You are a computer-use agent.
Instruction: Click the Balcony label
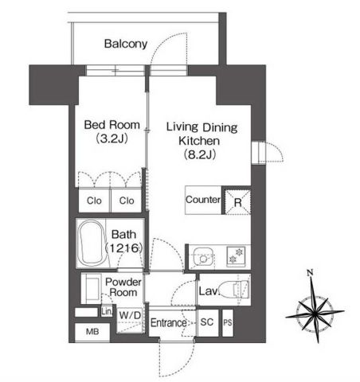(126, 44)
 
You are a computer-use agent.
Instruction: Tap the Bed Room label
(112, 125)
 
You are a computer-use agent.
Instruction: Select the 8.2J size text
(200, 154)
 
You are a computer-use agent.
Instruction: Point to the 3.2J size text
(112, 138)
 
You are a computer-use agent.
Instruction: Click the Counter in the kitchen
(203, 200)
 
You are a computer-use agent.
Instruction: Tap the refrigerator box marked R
(237, 201)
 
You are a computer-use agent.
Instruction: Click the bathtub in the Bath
(92, 243)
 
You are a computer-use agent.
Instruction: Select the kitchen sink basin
(203, 257)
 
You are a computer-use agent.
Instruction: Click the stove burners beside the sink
(236, 255)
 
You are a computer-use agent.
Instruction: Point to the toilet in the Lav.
(237, 289)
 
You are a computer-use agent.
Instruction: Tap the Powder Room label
(123, 287)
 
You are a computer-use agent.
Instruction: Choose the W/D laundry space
(131, 320)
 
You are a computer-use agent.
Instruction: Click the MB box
(92, 332)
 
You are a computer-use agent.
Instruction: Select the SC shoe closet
(207, 322)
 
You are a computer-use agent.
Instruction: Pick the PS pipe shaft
(228, 323)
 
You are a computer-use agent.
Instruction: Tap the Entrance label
(169, 323)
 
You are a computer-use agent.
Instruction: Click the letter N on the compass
(310, 273)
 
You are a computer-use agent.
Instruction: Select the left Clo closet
(94, 201)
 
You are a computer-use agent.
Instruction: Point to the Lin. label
(107, 312)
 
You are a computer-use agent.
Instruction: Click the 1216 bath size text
(124, 248)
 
